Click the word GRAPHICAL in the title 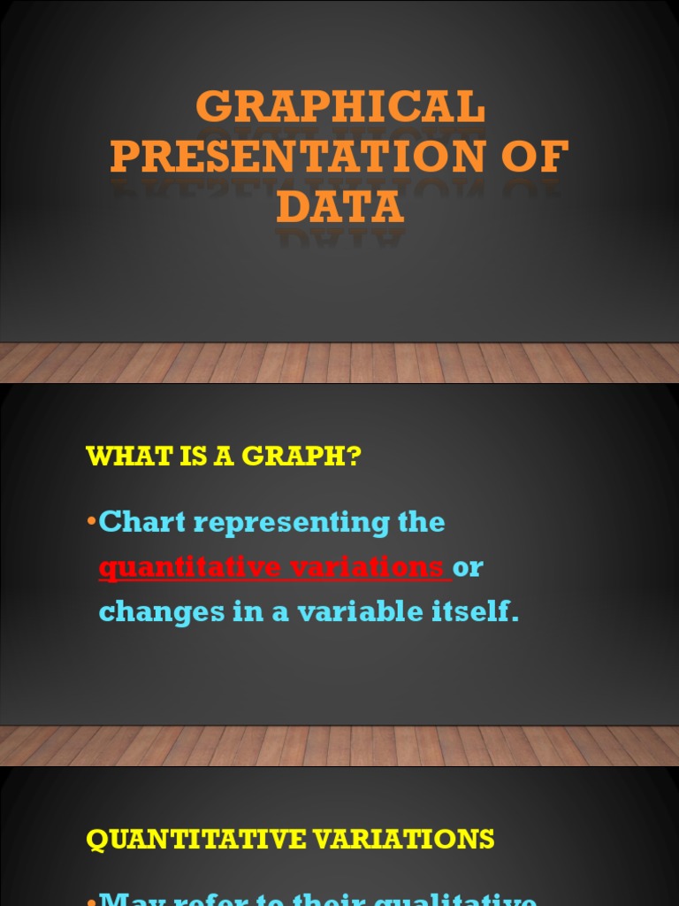[340, 108]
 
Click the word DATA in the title [340, 207]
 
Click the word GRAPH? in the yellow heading [313, 457]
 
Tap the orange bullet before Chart [92, 520]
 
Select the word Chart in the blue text [142, 522]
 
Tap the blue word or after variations [469, 567]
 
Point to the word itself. [475, 611]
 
